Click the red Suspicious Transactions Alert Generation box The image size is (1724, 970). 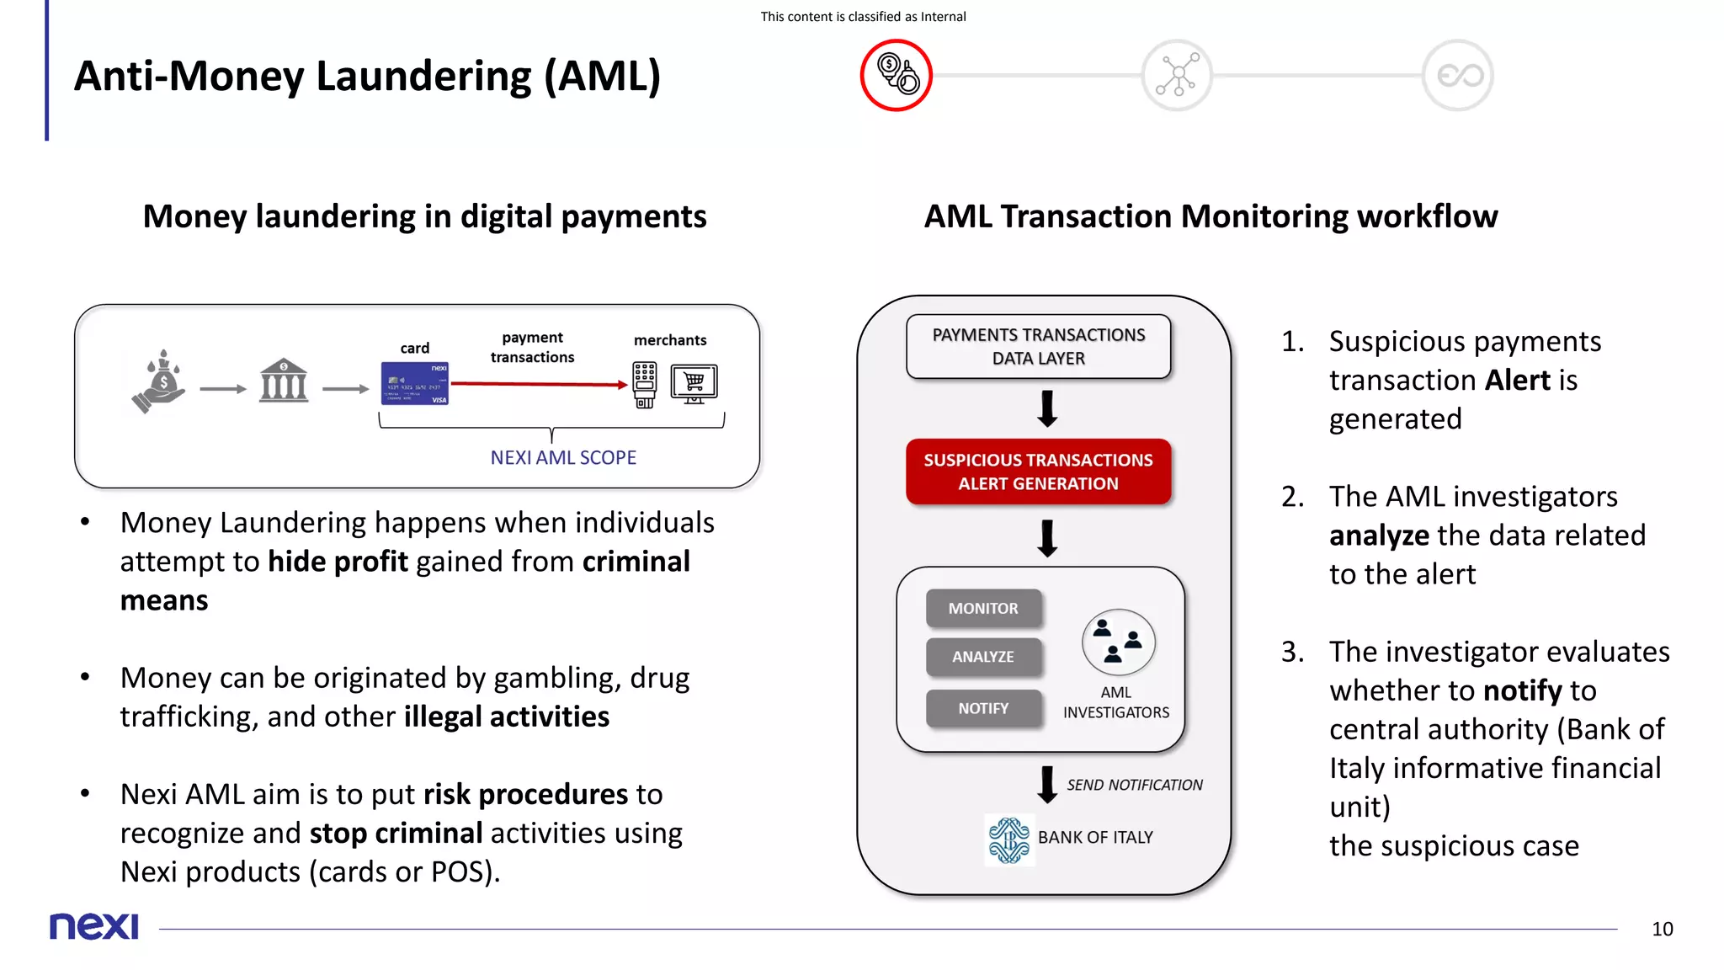point(1038,472)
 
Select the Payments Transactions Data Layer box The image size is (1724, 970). point(1038,346)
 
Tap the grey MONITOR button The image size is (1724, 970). point(983,608)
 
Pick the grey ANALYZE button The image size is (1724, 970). point(983,657)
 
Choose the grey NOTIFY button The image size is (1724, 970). point(983,708)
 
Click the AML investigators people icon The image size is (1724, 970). point(1118,642)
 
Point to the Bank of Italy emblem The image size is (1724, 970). point(1008,839)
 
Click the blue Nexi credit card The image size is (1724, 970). point(415,383)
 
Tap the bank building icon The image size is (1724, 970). point(284,381)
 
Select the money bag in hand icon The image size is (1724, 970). point(160,381)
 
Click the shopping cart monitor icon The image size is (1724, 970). point(694,383)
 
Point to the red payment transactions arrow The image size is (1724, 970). point(539,384)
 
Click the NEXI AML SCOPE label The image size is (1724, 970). point(563,457)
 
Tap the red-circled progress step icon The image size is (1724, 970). point(896,75)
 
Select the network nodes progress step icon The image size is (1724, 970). point(1177,75)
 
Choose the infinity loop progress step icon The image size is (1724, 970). point(1458,75)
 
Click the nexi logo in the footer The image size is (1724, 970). point(94,926)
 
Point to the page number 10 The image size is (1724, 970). point(1662,929)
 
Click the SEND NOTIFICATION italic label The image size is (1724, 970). point(1135,785)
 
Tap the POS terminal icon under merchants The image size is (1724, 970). point(645,385)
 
